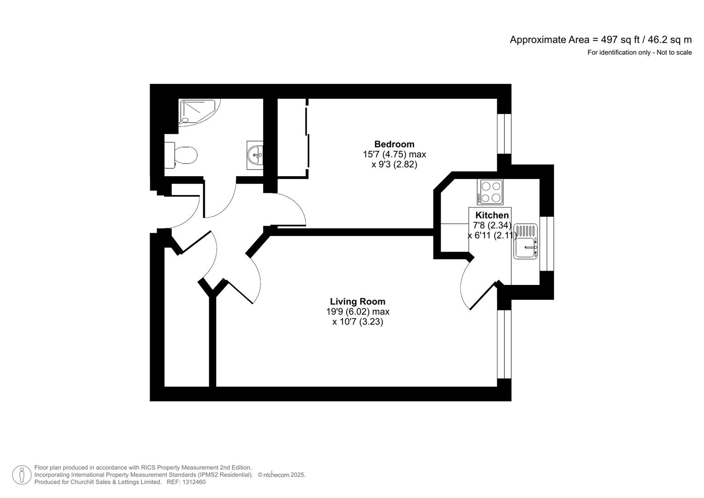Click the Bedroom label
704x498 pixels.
pyautogui.click(x=394, y=144)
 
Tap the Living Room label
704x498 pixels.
pyautogui.click(x=357, y=302)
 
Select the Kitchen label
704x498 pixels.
pyautogui.click(x=492, y=215)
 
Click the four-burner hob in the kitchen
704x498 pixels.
pyautogui.click(x=490, y=192)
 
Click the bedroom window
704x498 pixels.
pyautogui.click(x=504, y=133)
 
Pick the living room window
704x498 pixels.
pyautogui.click(x=504, y=344)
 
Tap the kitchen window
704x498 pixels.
pyautogui.click(x=547, y=243)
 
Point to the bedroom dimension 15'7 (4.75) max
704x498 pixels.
pyautogui.click(x=394, y=154)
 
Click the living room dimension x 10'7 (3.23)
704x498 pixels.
pyautogui.click(x=358, y=322)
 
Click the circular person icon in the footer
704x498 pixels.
pyautogui.click(x=22, y=475)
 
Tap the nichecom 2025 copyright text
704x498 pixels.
pyautogui.click(x=282, y=475)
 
